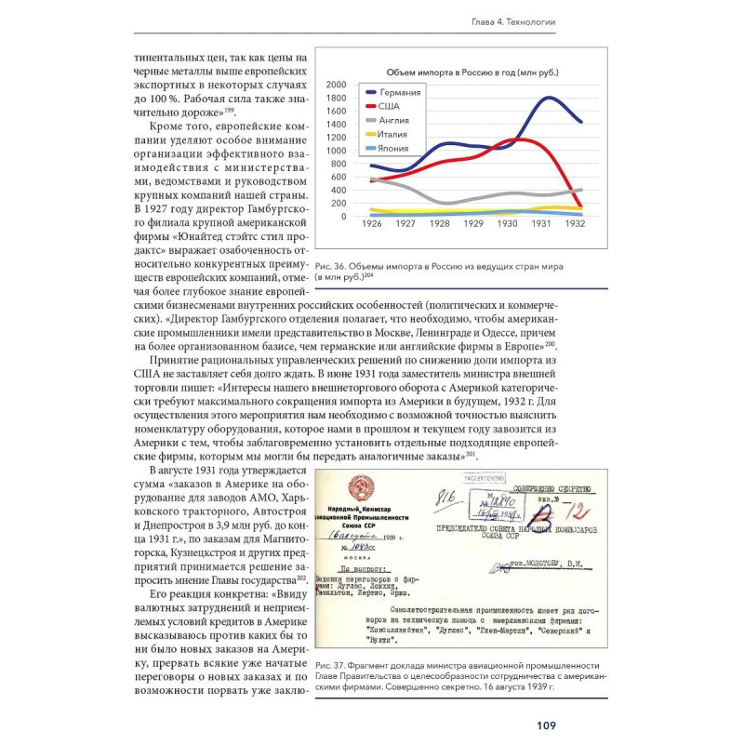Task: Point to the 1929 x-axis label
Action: point(473,225)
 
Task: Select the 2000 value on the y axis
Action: point(338,84)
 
